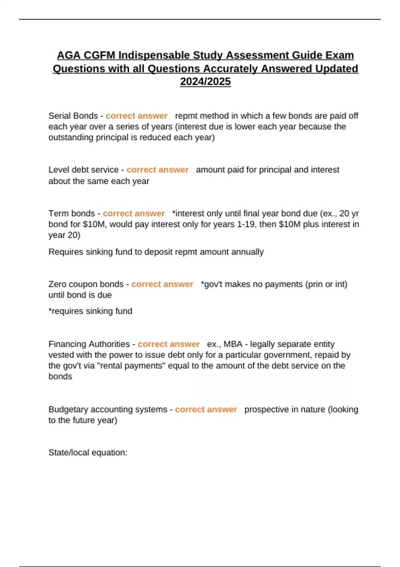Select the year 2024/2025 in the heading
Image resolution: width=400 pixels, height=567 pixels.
205,82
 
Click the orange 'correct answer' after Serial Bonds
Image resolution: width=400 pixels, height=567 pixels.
137,116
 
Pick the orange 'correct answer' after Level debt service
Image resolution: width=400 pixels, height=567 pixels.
158,170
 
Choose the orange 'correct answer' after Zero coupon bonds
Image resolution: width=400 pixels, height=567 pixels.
162,284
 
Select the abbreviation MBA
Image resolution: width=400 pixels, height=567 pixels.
233,344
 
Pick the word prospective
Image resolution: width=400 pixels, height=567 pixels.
267,409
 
